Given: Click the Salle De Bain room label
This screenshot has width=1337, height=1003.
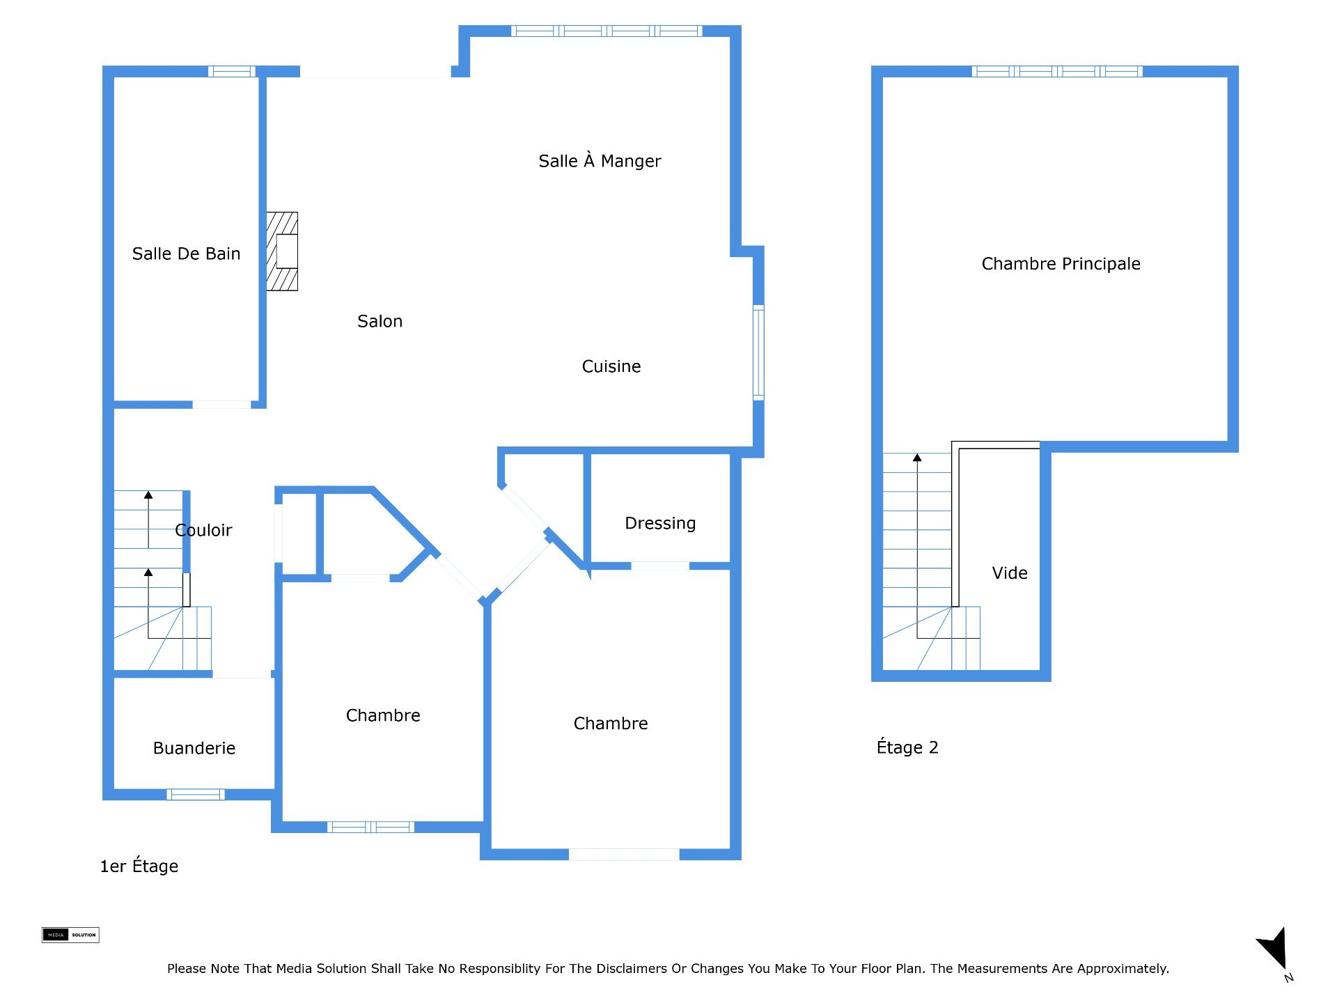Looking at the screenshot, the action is pyautogui.click(x=186, y=254).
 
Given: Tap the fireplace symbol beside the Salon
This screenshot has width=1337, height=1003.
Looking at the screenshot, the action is pyautogui.click(x=282, y=251).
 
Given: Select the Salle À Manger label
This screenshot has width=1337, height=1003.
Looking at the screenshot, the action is pyautogui.click(x=600, y=161).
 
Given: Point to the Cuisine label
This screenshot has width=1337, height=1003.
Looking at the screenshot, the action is pyautogui.click(x=611, y=366).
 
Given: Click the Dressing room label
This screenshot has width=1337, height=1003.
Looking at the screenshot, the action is pyautogui.click(x=660, y=523).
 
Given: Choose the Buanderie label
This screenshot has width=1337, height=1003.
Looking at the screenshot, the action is pyautogui.click(x=194, y=748).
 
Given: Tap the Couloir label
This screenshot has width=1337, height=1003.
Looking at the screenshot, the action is pyautogui.click(x=203, y=530).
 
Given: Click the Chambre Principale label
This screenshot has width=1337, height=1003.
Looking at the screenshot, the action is pyautogui.click(x=1061, y=264).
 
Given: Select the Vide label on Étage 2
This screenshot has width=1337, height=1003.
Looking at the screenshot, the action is pyautogui.click(x=1010, y=573).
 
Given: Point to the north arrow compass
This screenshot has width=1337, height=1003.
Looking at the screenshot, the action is pyautogui.click(x=1275, y=951).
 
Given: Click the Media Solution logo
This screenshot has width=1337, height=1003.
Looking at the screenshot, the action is pyautogui.click(x=70, y=935).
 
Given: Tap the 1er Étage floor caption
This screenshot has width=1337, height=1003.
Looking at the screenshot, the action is pyautogui.click(x=139, y=866).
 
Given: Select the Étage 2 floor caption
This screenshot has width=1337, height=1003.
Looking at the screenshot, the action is pyautogui.click(x=907, y=747).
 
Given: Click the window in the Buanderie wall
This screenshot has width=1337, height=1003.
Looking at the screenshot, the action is pyautogui.click(x=196, y=794).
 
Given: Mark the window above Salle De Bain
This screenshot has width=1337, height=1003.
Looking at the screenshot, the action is pyautogui.click(x=232, y=71).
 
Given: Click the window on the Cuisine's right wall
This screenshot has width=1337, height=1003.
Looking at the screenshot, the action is pyautogui.click(x=759, y=352).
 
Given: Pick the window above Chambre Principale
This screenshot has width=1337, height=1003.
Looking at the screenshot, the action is pyautogui.click(x=1057, y=71).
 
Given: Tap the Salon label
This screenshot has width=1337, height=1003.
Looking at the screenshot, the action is pyautogui.click(x=380, y=321).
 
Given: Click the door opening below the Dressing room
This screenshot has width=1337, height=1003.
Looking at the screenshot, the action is pyautogui.click(x=660, y=566).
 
